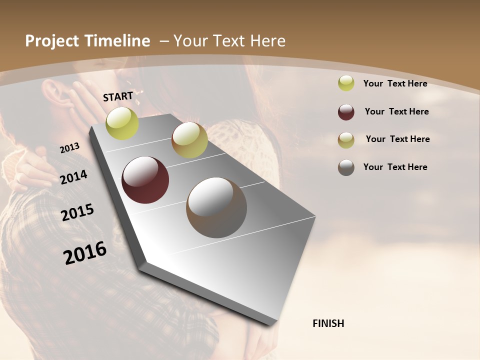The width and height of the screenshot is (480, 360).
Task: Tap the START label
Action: (x=118, y=96)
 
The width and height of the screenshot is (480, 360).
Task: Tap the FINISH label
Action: (x=328, y=323)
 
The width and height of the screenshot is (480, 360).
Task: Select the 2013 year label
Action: (x=69, y=148)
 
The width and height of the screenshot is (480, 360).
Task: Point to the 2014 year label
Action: (x=73, y=177)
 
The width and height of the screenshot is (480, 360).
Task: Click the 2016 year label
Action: (x=85, y=252)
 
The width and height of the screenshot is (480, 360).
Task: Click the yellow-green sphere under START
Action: (x=122, y=123)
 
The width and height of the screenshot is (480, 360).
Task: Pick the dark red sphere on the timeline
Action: (x=145, y=180)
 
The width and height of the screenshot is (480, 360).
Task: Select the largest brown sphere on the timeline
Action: (x=216, y=207)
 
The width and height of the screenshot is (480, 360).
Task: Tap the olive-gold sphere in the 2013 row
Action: (x=189, y=140)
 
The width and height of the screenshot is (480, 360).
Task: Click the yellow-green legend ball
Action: (x=346, y=83)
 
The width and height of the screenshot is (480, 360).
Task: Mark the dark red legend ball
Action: (x=346, y=112)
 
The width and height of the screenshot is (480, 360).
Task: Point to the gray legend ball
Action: (x=346, y=167)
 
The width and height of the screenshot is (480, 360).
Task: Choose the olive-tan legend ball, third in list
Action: (x=346, y=140)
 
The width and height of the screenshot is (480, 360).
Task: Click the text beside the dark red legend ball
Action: (x=396, y=111)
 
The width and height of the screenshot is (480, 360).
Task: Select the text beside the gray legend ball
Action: (x=395, y=167)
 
